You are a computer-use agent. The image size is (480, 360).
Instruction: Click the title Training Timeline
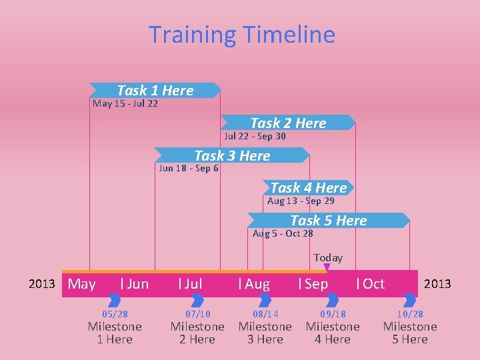[241, 35]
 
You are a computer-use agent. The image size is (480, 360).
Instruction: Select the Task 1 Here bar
[155, 90]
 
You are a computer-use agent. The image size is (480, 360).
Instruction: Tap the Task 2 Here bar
[288, 123]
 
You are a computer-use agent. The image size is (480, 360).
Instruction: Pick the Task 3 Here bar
[232, 155]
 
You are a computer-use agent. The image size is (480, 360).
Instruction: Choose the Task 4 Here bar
[308, 188]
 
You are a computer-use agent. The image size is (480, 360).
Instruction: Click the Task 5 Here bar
[328, 220]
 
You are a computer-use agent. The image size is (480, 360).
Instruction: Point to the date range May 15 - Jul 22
[125, 103]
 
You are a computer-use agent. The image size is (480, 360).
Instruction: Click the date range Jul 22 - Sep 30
[255, 136]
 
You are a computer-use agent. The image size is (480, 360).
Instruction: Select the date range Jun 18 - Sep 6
[189, 168]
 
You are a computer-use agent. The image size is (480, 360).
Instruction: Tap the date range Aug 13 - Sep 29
[301, 201]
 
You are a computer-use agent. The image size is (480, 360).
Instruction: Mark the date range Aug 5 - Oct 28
[283, 233]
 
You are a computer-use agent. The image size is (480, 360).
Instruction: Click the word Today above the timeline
[328, 257]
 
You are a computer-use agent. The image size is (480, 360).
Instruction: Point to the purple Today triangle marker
[327, 268]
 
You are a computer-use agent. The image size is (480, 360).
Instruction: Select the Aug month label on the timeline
[255, 284]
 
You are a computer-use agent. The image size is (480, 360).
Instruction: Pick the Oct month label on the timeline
[371, 284]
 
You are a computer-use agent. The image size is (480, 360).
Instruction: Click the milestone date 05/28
[115, 314]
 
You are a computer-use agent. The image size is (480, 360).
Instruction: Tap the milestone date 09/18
[333, 314]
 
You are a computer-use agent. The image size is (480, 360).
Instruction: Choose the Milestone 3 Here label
[265, 333]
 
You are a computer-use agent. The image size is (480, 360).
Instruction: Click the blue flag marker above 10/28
[409, 301]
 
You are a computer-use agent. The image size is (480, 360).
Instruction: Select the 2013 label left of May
[41, 284]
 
